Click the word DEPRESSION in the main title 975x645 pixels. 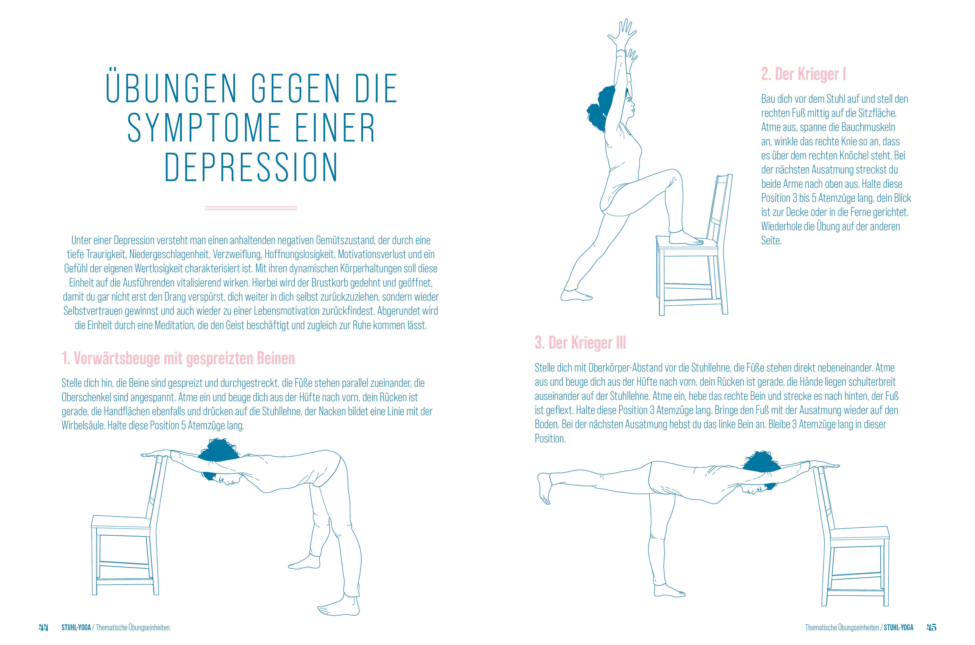pyautogui.click(x=251, y=168)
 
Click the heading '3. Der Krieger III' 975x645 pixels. pyautogui.click(x=580, y=343)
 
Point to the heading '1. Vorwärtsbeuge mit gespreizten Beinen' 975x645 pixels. pyautogui.click(x=178, y=358)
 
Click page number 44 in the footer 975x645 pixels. pyautogui.click(x=43, y=627)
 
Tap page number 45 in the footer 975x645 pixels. pyautogui.click(x=931, y=627)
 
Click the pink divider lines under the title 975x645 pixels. pyautogui.click(x=251, y=208)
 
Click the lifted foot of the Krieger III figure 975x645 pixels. pyautogui.click(x=544, y=487)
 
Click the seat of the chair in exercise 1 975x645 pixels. pyautogui.click(x=121, y=523)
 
